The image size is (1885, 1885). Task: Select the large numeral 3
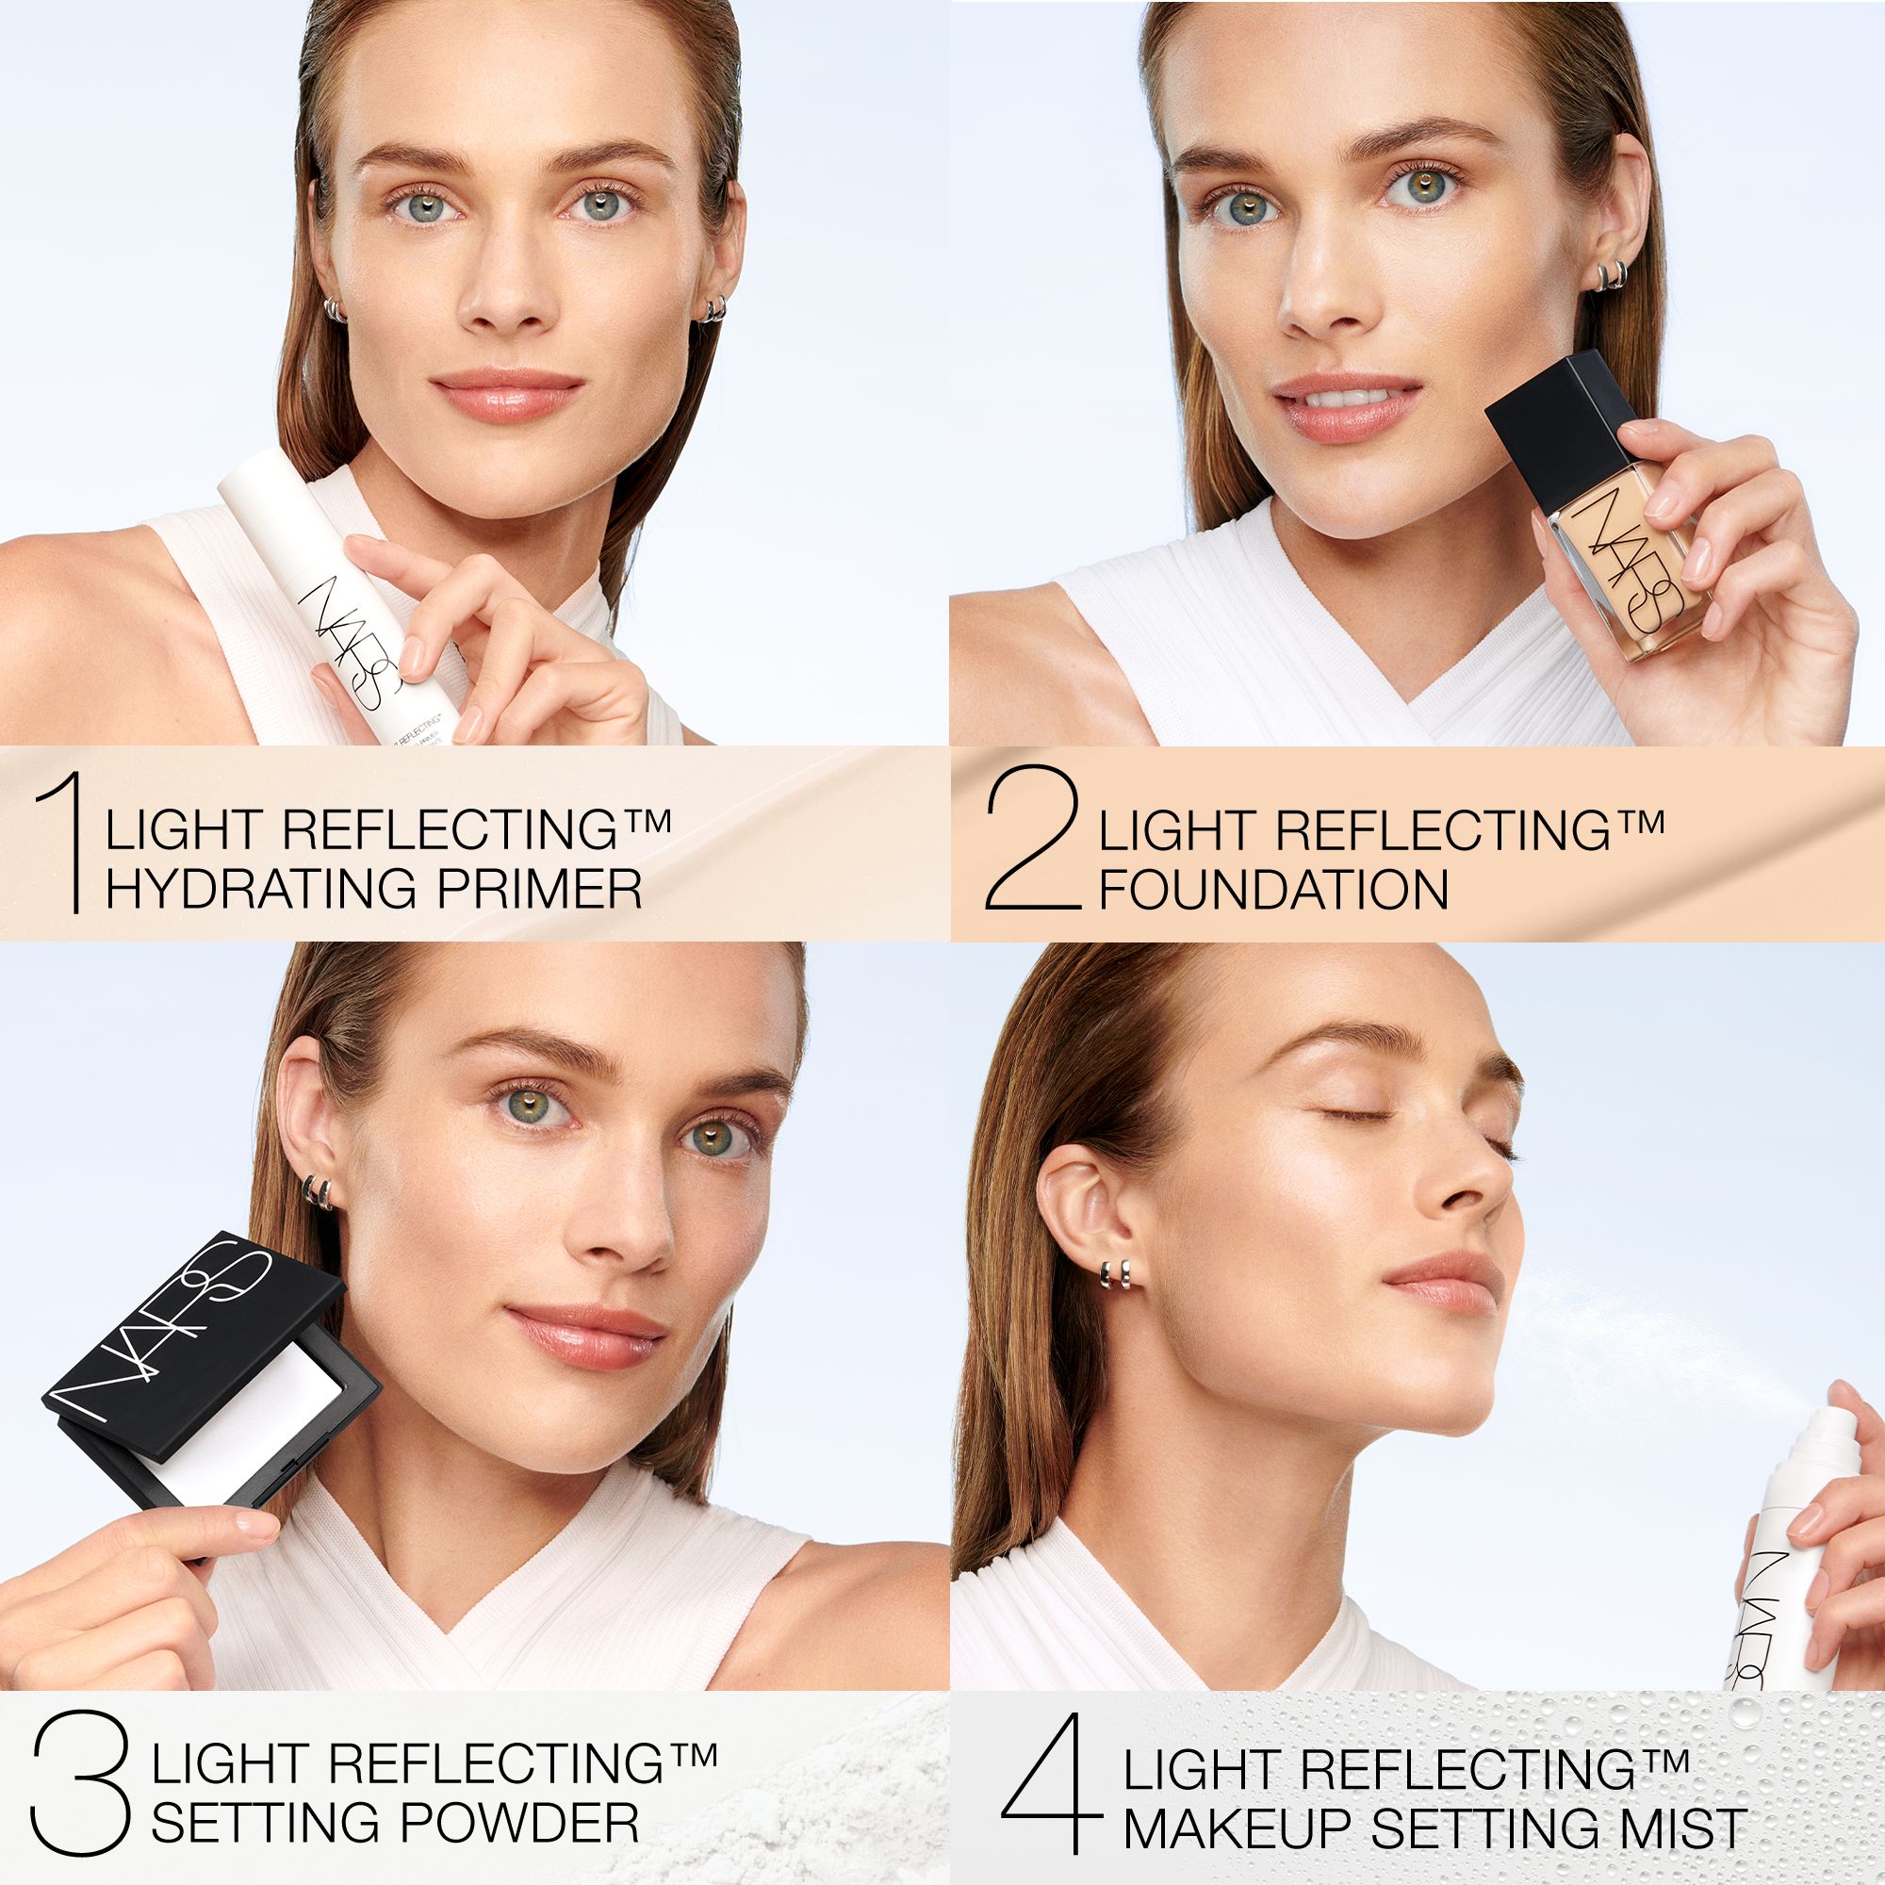coord(81,1782)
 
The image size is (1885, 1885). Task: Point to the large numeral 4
coord(1051,1782)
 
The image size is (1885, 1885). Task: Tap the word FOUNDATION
coord(1273,890)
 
